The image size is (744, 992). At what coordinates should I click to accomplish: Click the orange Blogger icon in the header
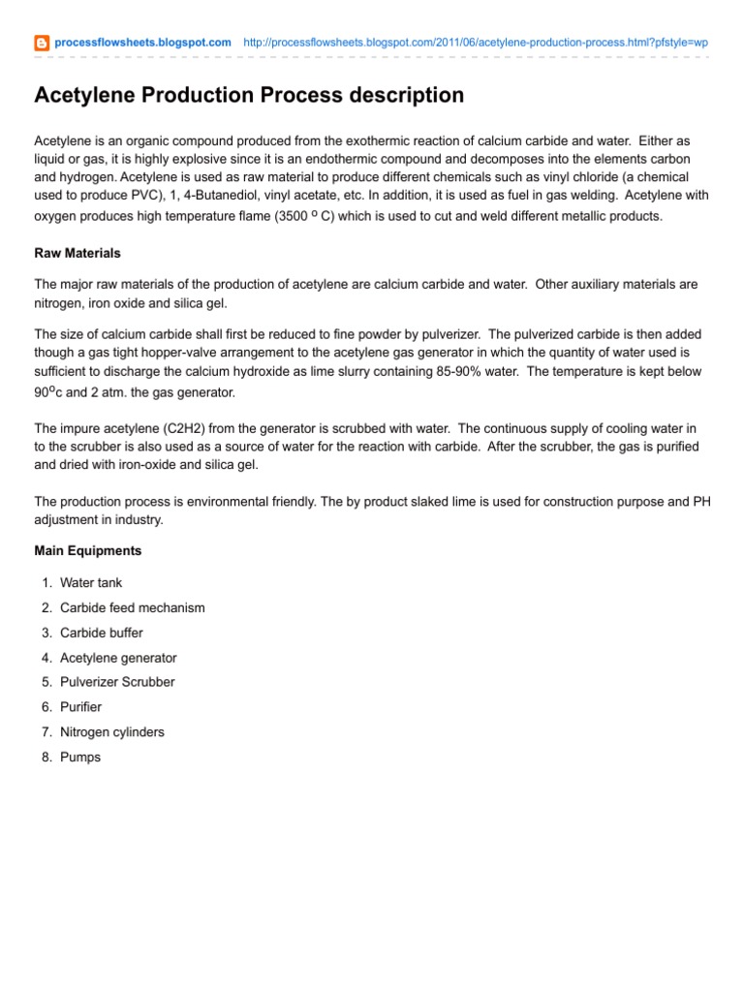coord(42,43)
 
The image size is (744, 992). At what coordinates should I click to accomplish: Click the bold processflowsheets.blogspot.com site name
coord(142,43)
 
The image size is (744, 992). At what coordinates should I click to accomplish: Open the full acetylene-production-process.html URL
coord(475,43)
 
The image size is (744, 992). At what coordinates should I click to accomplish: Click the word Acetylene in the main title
coord(85,95)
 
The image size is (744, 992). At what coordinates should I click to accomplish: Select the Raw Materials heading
coord(77,253)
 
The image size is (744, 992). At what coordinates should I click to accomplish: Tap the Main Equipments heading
coord(88,550)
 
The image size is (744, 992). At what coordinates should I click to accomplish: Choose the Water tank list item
coord(91,583)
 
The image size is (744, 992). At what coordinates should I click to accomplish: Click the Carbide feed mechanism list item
coord(132,608)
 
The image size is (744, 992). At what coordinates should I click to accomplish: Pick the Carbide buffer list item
coord(101,633)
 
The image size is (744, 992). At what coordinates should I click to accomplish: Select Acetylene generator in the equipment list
coord(118,658)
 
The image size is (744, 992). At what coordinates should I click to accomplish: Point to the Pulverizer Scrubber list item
coord(117,682)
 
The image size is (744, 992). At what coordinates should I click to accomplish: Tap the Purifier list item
coord(80,707)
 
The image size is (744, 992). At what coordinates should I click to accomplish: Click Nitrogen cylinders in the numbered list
coord(111,732)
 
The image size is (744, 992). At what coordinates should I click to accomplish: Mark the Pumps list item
coord(79,757)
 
